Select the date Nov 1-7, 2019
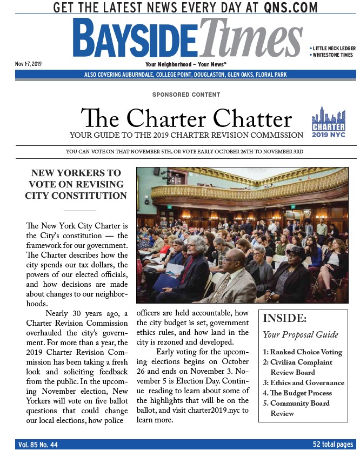28,64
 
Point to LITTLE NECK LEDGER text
334,49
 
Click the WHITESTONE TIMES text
333,55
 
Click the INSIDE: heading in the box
284,318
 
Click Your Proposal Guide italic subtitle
301,335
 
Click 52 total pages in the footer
333,445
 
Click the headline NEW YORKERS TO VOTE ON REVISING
76,179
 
